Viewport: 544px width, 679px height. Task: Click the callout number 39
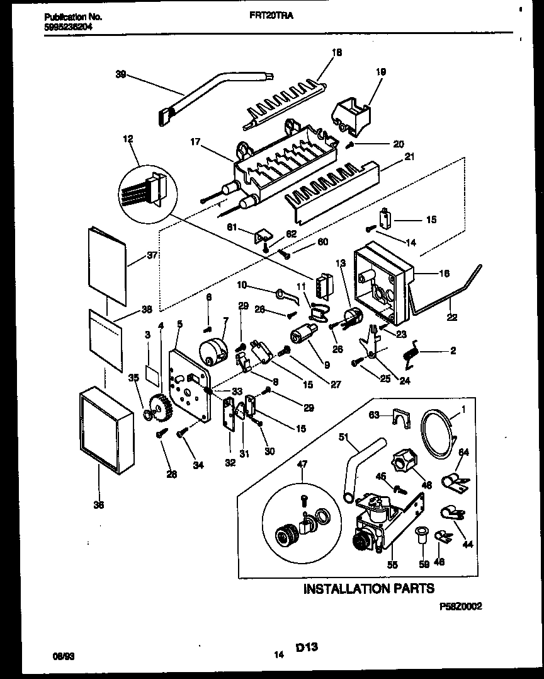click(121, 74)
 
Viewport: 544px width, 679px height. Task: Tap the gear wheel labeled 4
click(162, 409)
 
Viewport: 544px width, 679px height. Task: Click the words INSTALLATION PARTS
click(368, 588)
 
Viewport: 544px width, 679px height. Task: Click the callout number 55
click(393, 566)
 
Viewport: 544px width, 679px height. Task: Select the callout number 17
click(195, 142)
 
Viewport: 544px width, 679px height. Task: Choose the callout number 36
click(99, 505)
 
